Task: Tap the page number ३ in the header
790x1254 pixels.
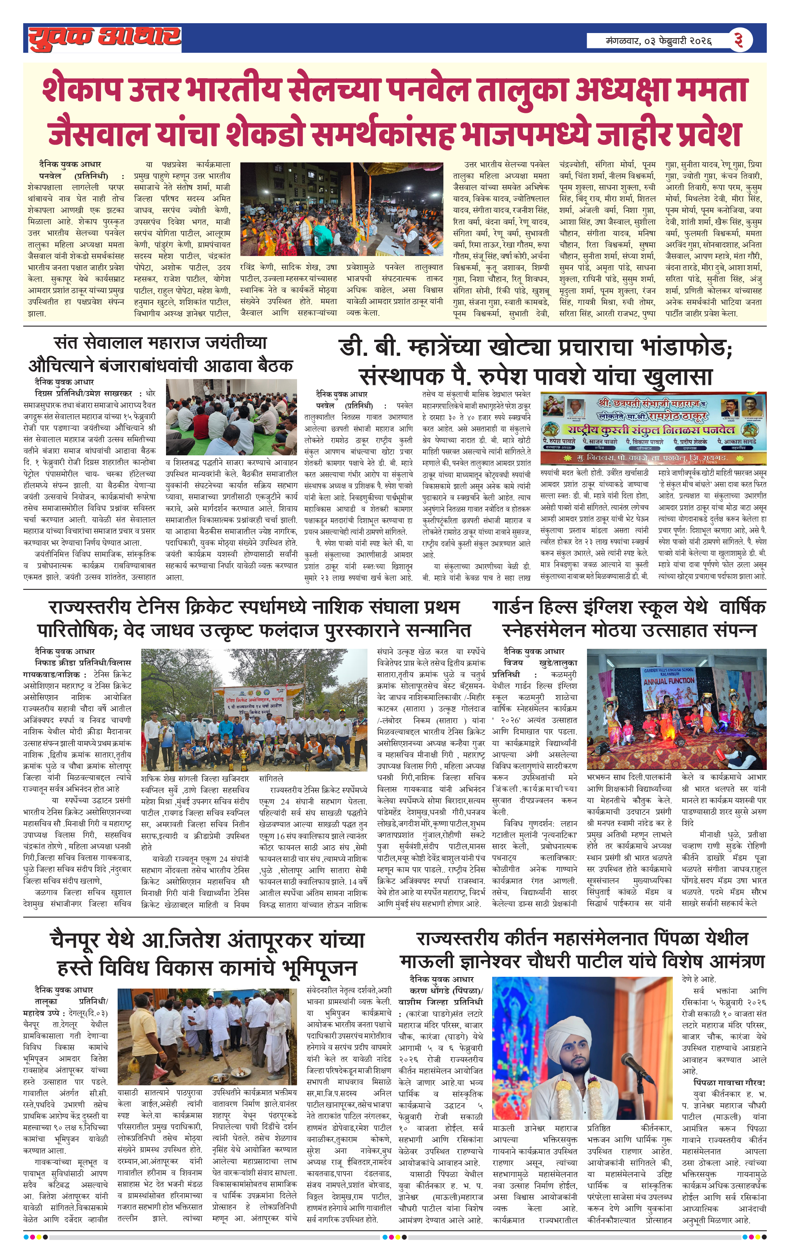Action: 738,40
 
